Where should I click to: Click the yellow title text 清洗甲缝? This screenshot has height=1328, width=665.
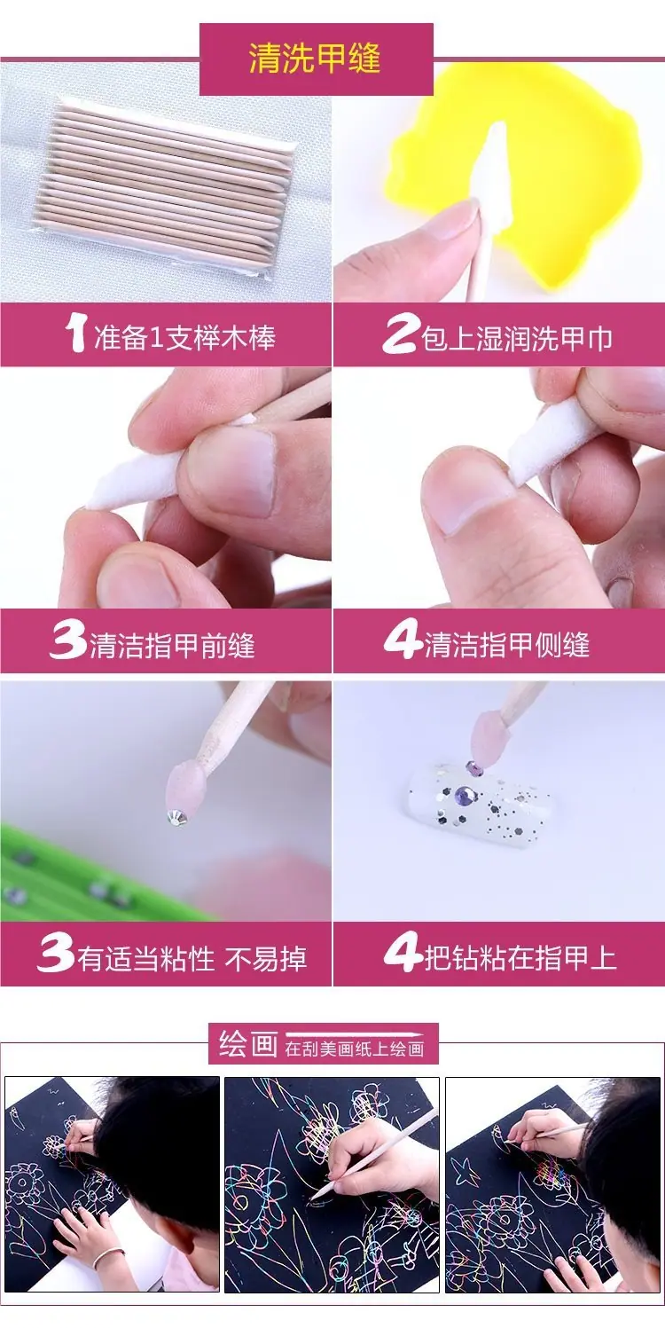pyautogui.click(x=314, y=59)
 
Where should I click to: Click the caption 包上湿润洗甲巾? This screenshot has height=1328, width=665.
pyautogui.click(x=516, y=339)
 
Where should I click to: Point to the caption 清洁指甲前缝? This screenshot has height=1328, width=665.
pyautogui.click(x=173, y=645)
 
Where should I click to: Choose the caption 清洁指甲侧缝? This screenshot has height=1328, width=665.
pyautogui.click(x=507, y=644)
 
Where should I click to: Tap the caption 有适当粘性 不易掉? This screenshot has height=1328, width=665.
pyautogui.click(x=192, y=958)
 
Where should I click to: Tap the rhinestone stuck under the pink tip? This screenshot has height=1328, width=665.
pyautogui.click(x=177, y=818)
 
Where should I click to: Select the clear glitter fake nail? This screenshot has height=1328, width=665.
pyautogui.click(x=479, y=799)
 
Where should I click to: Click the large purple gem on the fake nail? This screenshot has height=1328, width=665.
pyautogui.click(x=462, y=795)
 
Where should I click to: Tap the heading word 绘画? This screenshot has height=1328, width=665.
pyautogui.click(x=248, y=1060)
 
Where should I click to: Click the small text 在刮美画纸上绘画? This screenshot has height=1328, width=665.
pyautogui.click(x=355, y=1066)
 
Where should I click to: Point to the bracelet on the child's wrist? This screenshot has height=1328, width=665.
pyautogui.click(x=108, y=1257)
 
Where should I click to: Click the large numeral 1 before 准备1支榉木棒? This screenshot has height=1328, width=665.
pyautogui.click(x=76, y=333)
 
